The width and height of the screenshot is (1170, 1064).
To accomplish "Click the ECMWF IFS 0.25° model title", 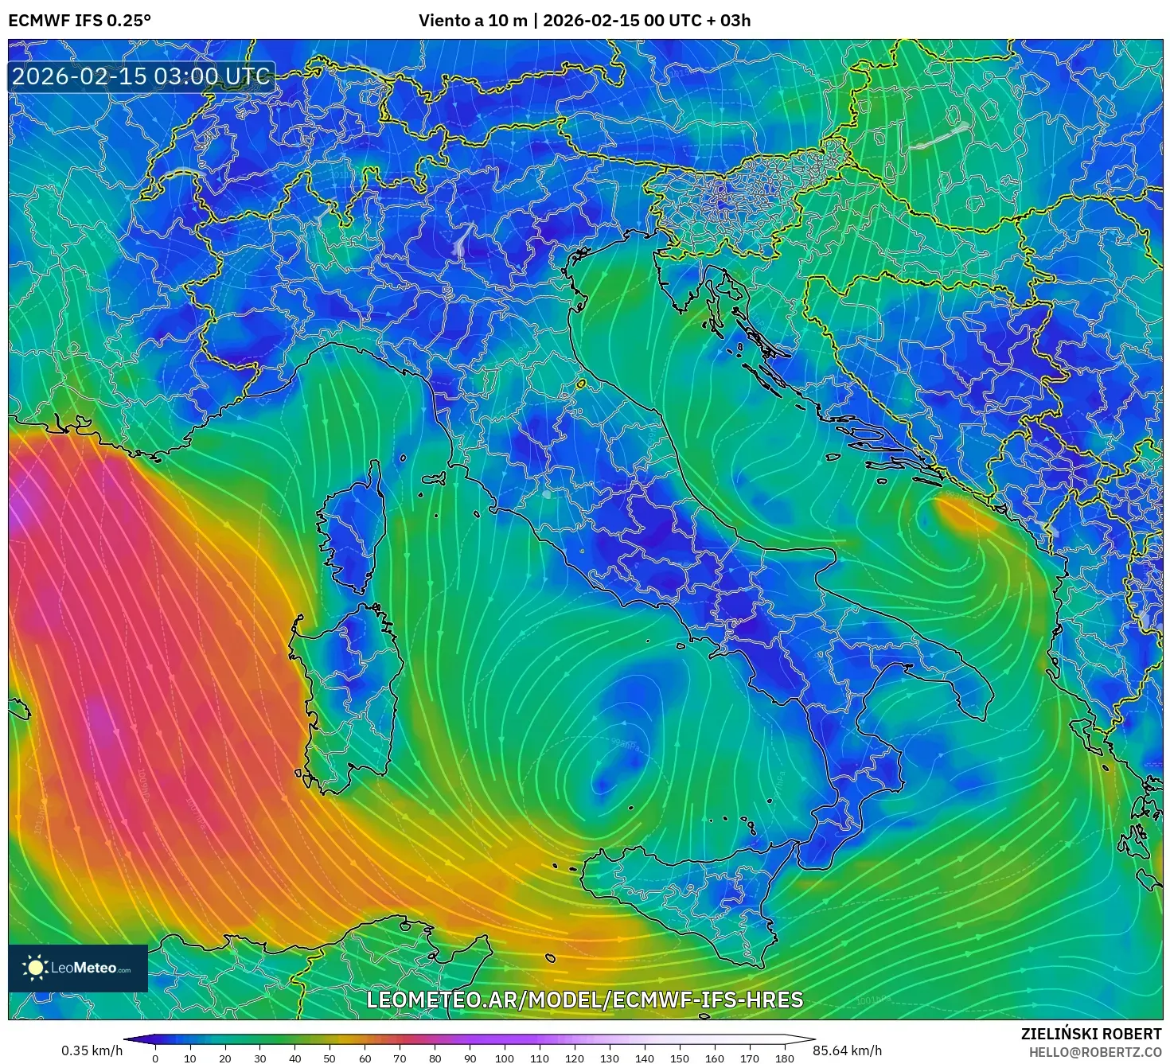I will click(x=80, y=21).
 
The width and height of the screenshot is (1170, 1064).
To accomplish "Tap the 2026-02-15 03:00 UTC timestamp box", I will click(x=141, y=76).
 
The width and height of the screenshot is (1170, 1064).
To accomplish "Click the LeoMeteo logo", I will click(x=78, y=968).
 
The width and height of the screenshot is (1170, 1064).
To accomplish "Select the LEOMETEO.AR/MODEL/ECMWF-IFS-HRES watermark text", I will click(x=584, y=1000).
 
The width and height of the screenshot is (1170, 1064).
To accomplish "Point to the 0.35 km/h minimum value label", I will click(x=92, y=1050).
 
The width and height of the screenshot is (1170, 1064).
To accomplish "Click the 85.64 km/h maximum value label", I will click(x=847, y=1050).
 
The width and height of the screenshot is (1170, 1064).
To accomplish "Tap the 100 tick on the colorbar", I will click(x=505, y=1058).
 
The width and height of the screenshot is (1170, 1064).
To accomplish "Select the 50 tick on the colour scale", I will click(x=330, y=1058).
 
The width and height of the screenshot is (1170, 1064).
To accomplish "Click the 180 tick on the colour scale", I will click(x=784, y=1058).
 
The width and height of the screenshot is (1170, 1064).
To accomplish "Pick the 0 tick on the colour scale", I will click(x=155, y=1058).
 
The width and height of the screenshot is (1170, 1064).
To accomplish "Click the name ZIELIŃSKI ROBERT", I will click(x=1090, y=1034).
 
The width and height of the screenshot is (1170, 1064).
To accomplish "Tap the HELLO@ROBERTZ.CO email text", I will click(x=1094, y=1052).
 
